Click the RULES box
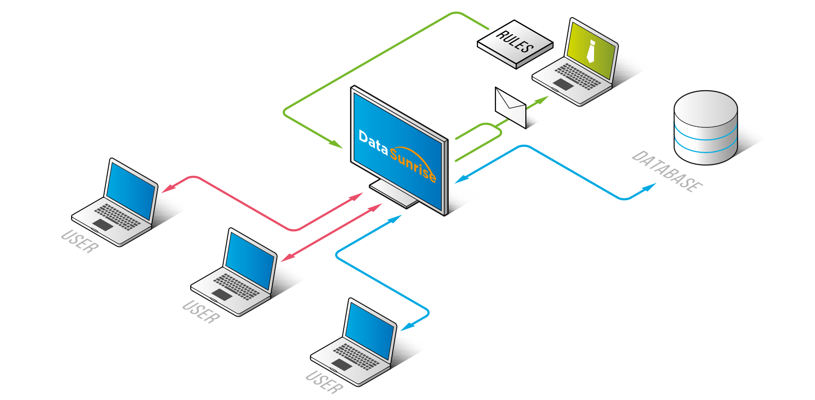(x=515, y=43)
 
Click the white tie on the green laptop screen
(x=590, y=51)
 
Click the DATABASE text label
(x=667, y=171)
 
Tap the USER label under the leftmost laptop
(x=79, y=241)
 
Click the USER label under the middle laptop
(x=201, y=312)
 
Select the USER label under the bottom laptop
(x=324, y=382)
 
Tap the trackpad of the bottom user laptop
(x=342, y=365)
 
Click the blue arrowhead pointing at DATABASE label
(x=650, y=186)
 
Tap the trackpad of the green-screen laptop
(x=563, y=84)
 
